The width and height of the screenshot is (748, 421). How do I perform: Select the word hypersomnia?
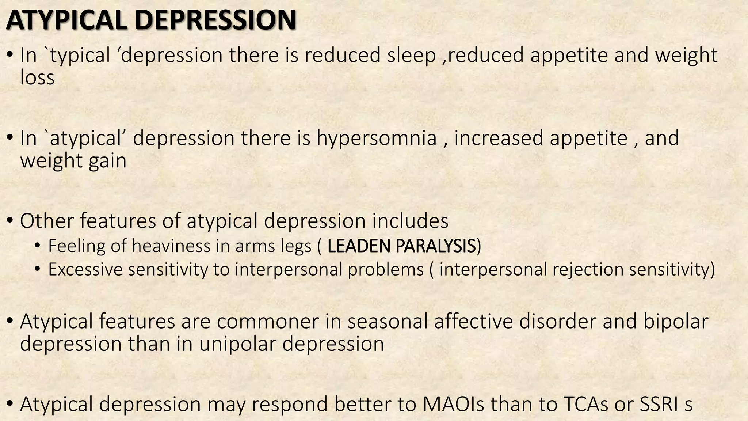pos(377,139)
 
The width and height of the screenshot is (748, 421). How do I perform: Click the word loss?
pos(37,78)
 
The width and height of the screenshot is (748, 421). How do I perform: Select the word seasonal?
pos(387,322)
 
